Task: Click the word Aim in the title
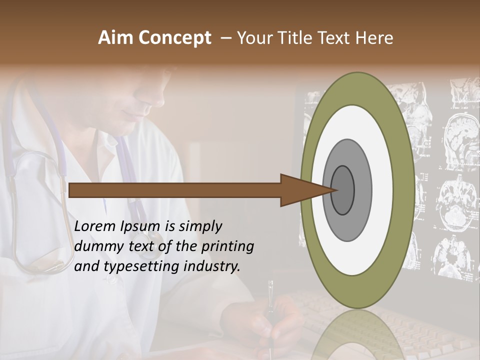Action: (116, 38)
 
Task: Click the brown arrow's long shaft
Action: (175, 190)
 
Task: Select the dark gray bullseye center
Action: (343, 190)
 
